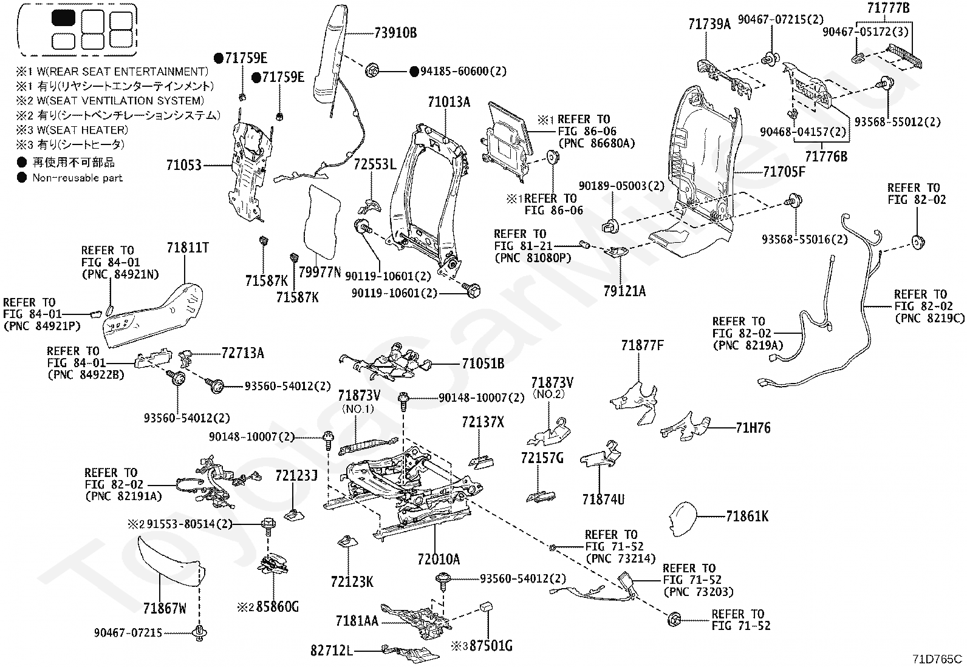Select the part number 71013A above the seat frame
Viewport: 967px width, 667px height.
(x=449, y=101)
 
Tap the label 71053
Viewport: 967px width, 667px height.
(x=184, y=164)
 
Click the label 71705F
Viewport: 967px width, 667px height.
(x=784, y=172)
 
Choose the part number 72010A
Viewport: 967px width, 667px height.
(x=439, y=558)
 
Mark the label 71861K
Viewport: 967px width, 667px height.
(x=747, y=516)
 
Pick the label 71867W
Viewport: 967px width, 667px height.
(x=165, y=608)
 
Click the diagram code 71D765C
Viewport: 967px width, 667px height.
(x=937, y=658)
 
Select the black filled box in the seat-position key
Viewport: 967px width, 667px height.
(x=64, y=18)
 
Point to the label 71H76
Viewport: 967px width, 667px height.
(x=753, y=428)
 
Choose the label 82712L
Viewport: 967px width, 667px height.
(x=332, y=651)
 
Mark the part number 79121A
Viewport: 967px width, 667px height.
(x=624, y=291)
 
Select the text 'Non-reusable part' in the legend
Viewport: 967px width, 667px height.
(x=77, y=178)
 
